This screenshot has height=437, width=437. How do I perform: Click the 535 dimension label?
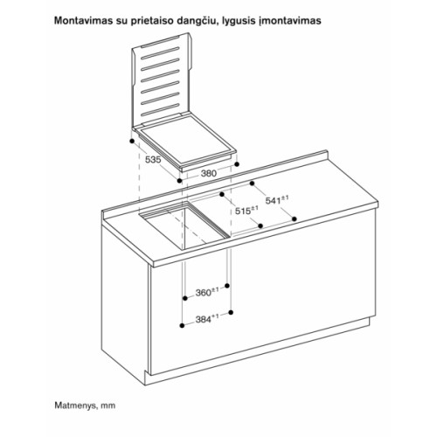(153, 160)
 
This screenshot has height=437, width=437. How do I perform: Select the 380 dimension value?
(209, 173)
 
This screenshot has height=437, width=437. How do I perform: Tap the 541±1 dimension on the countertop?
(277, 200)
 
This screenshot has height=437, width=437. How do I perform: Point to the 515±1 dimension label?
(246, 211)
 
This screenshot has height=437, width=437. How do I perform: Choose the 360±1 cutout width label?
(207, 292)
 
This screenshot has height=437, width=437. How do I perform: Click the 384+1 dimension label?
(207, 319)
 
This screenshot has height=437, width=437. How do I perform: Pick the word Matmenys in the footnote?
(76, 406)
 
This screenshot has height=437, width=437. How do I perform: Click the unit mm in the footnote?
(108, 406)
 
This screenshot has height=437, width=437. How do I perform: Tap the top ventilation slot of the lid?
(160, 52)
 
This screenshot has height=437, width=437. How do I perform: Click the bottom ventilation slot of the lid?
(160, 110)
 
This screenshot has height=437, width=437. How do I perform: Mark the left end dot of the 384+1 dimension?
(182, 326)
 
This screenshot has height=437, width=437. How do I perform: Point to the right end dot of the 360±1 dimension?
(227, 286)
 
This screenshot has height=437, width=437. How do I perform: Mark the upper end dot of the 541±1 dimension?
(252, 184)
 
